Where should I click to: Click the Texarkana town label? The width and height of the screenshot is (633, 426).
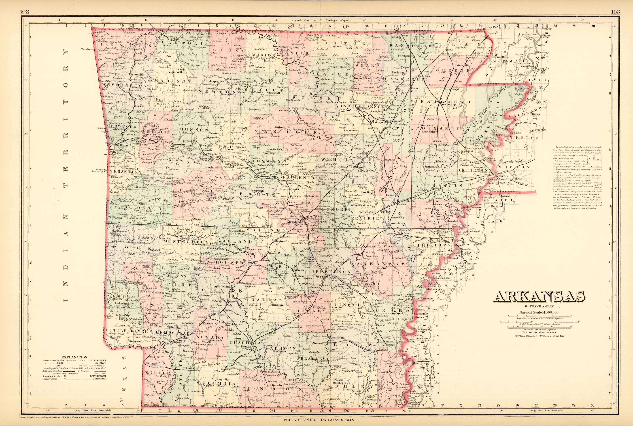(x=151, y=363)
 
